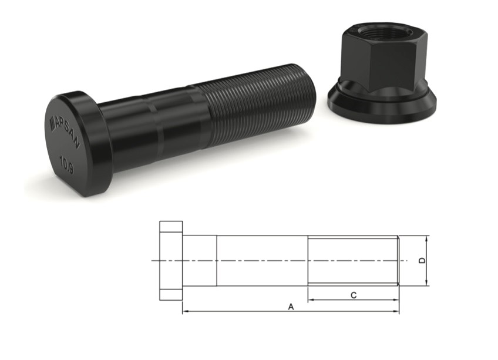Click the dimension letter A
coord(291,307)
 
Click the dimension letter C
coord(354,295)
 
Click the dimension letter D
coord(422,261)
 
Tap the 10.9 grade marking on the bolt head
coord(67,165)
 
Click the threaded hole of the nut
coord(381,32)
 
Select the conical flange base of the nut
coord(382,102)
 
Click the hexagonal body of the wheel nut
coord(383,57)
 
